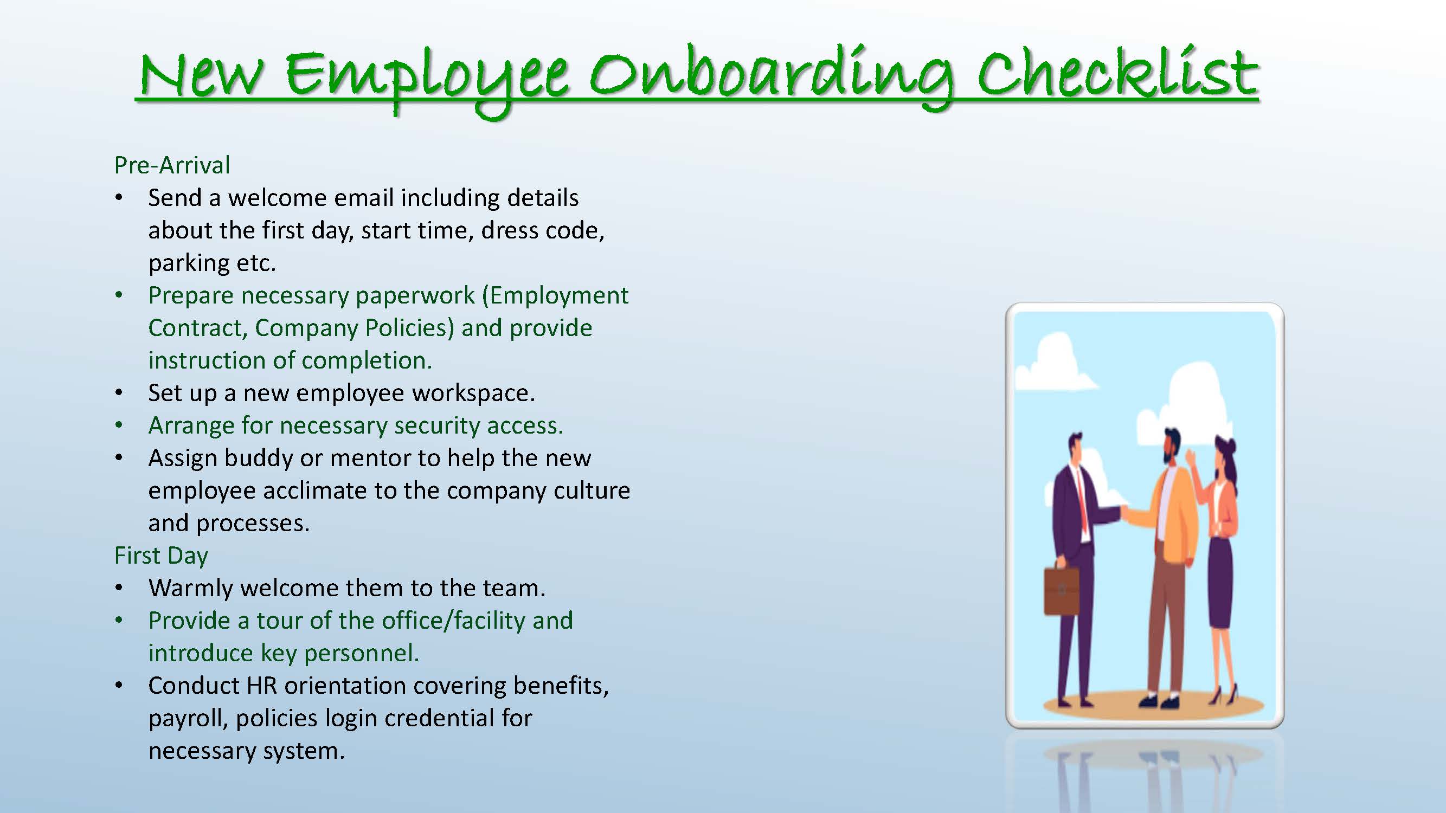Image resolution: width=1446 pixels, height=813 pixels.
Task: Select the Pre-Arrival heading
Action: point(172,165)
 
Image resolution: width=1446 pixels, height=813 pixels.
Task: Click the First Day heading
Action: point(161,556)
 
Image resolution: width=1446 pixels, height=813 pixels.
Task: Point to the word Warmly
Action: point(191,588)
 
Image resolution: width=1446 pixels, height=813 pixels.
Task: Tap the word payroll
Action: point(188,719)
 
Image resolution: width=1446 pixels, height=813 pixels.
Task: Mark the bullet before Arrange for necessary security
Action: point(119,426)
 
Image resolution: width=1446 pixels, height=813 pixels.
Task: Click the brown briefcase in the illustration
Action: point(1061,590)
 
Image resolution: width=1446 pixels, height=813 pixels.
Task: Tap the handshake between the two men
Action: point(1124,512)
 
